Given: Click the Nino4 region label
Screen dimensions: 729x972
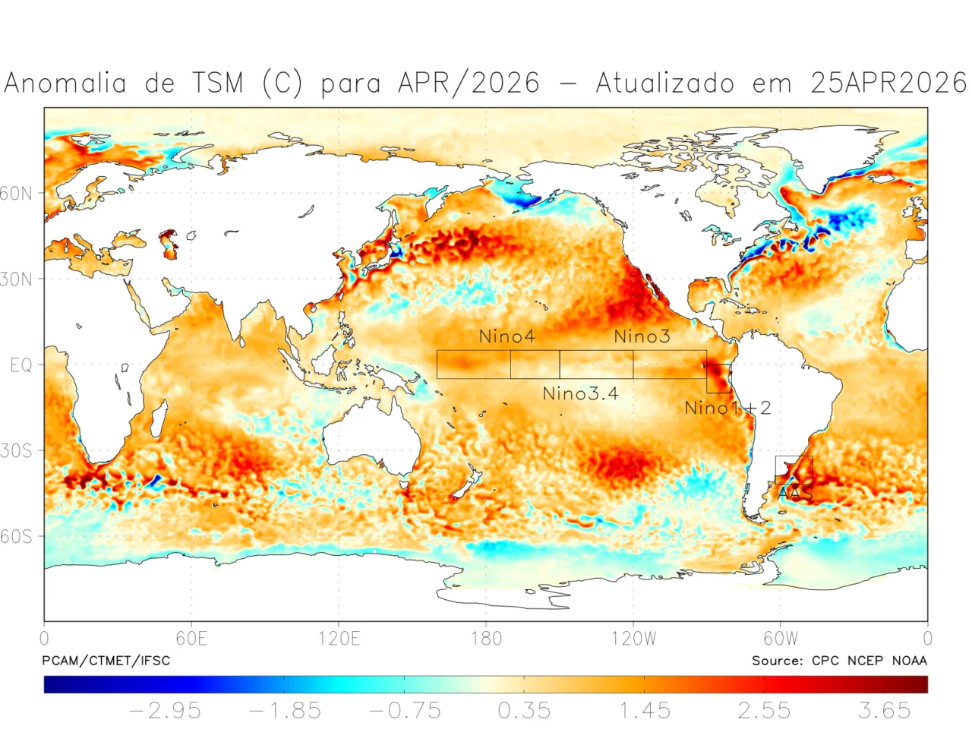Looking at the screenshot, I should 507,336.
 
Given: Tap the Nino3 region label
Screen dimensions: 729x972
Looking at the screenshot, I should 642,336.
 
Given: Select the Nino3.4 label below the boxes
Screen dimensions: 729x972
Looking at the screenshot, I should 580,393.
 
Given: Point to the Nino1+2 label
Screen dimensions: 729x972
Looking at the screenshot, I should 727,408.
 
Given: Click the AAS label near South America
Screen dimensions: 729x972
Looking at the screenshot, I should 795,494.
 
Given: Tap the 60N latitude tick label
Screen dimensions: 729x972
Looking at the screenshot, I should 17,194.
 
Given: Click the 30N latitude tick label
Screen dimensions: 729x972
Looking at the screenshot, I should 17,279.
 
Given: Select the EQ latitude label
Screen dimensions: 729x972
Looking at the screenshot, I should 21,365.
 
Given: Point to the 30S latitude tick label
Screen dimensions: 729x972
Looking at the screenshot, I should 17,451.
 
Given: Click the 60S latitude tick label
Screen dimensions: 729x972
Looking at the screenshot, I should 17,537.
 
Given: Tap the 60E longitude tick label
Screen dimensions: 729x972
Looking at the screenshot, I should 191,638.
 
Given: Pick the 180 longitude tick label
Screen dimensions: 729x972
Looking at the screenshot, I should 486,638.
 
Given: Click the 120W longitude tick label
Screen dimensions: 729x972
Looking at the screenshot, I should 633,638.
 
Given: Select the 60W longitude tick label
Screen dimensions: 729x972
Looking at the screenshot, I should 781,638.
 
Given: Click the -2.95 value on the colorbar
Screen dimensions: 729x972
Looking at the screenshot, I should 165,711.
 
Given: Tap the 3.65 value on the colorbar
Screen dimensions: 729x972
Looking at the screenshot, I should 884,711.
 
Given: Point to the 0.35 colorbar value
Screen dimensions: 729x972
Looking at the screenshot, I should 524,711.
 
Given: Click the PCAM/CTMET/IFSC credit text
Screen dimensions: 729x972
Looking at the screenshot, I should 106,661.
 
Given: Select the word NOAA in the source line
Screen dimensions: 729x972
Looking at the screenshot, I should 909,661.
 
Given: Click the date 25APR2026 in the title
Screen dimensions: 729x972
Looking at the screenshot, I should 888,83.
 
